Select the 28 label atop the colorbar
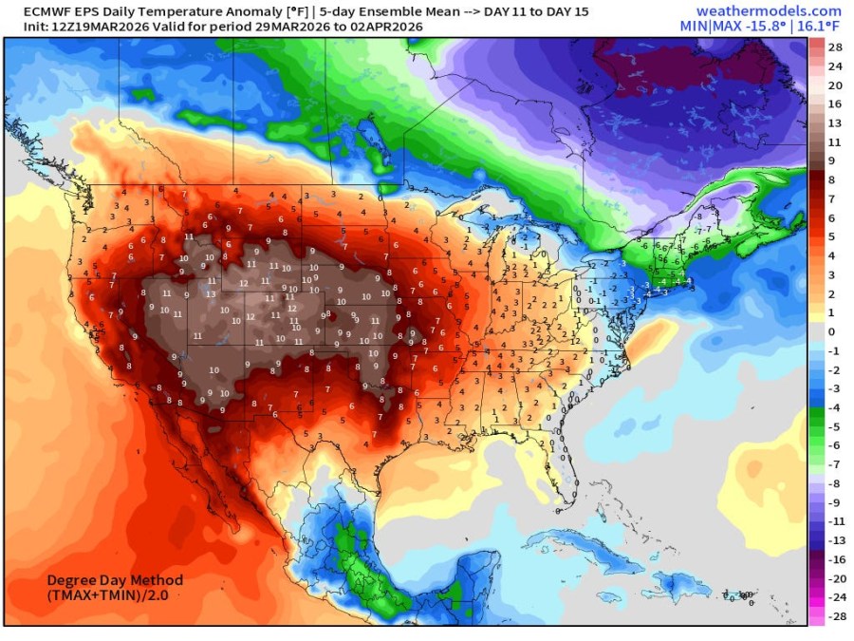tap(835, 47)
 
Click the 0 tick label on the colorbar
tap(832, 331)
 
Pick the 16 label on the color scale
tap(835, 104)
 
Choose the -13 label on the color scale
tap(835, 540)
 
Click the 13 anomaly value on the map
tap(211, 293)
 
